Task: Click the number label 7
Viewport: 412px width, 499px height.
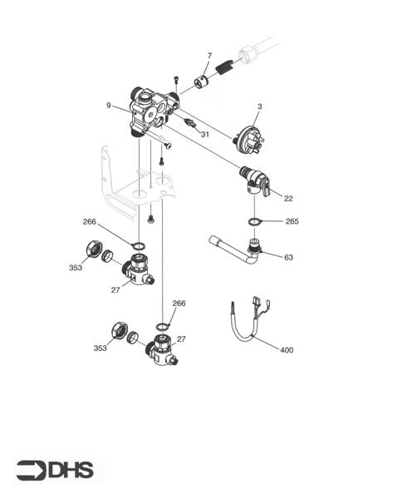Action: point(208,56)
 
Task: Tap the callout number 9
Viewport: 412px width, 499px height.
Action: point(109,106)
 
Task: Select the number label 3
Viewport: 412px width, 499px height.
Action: point(259,106)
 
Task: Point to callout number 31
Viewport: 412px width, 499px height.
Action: point(205,134)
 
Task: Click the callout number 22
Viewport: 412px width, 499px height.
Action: point(287,198)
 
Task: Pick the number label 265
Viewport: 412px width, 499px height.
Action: point(292,221)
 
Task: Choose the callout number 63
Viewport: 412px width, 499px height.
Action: point(288,257)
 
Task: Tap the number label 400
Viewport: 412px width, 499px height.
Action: point(286,350)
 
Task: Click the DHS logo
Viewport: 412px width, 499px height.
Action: point(56,470)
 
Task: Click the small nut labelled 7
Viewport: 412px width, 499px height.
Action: point(202,82)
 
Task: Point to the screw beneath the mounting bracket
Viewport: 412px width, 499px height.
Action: point(150,219)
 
